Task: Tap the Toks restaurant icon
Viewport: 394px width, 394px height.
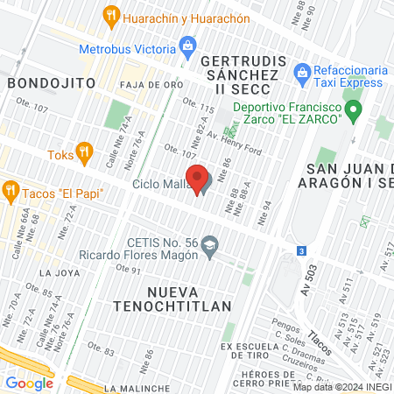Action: coord(84,152)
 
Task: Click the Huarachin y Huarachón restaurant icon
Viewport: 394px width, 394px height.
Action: coord(110,15)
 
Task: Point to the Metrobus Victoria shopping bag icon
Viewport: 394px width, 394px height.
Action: coord(186,46)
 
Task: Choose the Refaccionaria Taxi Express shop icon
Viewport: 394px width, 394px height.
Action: coord(302,71)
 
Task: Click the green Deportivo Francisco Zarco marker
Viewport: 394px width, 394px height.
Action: coord(353,110)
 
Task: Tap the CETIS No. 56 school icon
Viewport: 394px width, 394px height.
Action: coord(209,246)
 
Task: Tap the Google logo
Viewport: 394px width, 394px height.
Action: coord(29,383)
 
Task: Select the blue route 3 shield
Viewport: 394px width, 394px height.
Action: coord(301,250)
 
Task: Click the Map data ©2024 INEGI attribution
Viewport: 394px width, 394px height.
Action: coord(341,386)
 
